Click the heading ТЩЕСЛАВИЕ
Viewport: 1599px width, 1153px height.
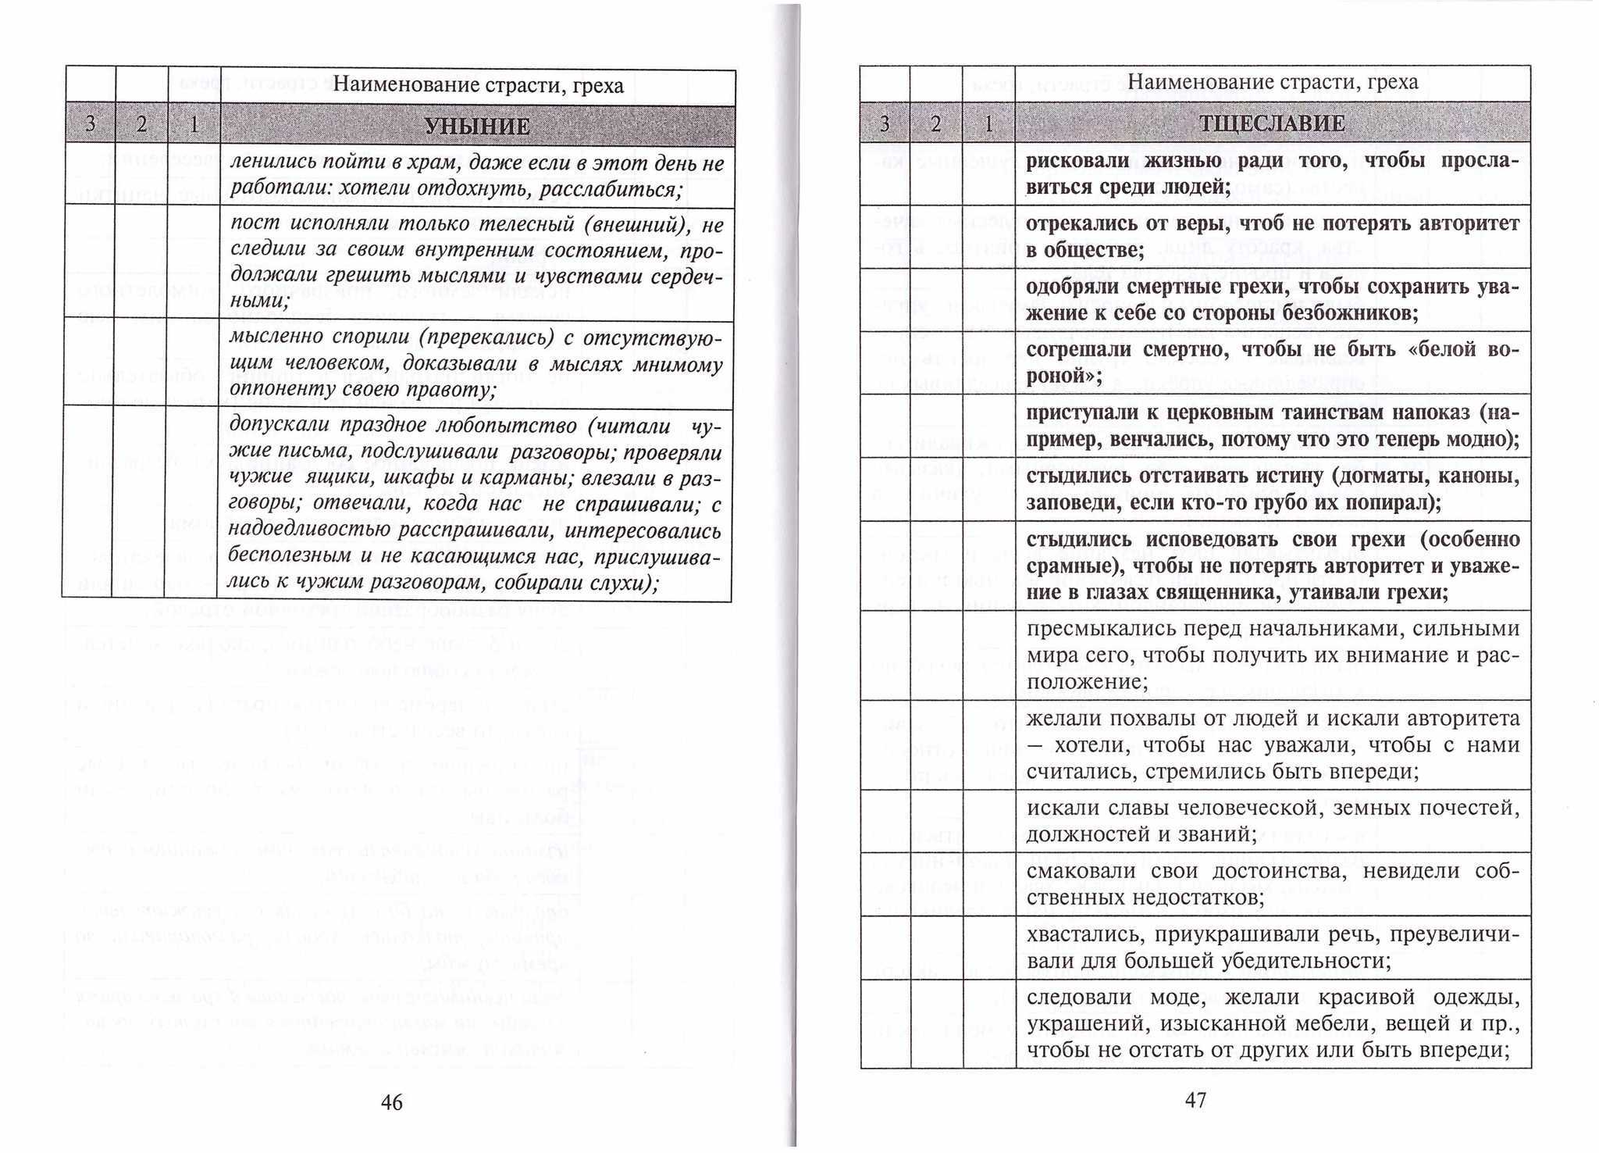point(1272,123)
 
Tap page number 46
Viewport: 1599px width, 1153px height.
point(391,1102)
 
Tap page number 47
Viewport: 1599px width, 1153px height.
point(1195,1100)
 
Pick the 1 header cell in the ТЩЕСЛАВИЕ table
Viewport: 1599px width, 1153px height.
point(988,123)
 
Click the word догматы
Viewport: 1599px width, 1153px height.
point(1382,476)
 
